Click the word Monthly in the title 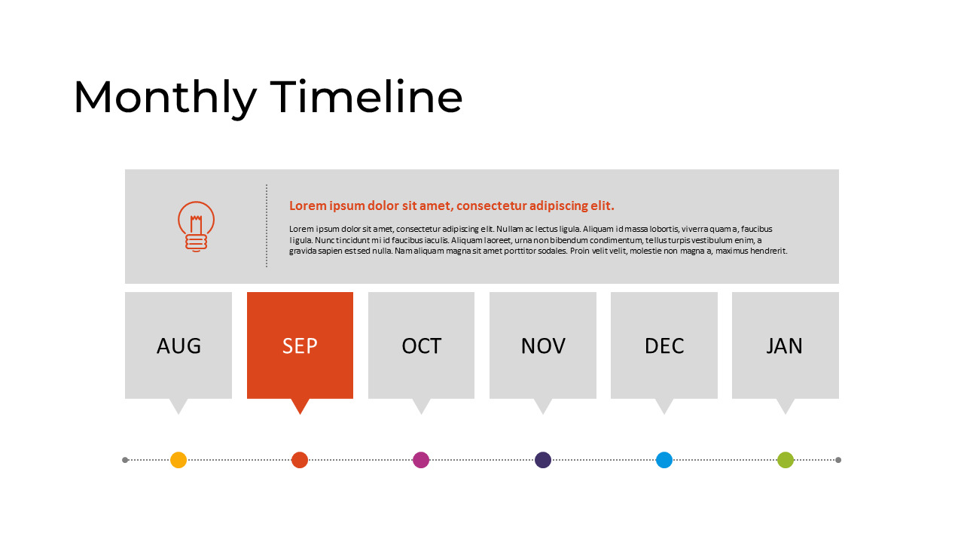coord(164,99)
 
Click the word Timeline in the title coord(366,97)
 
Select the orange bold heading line coord(452,206)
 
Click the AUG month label coord(178,346)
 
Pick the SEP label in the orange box coord(300,346)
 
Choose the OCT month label coord(421,346)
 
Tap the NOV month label coord(542,346)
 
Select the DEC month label coord(664,346)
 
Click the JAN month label coord(785,346)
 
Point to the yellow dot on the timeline coord(178,460)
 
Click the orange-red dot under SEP coord(300,460)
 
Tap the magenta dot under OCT coord(421,460)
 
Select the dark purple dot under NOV coord(543,460)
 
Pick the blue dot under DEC coord(664,460)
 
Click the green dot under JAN coord(786,460)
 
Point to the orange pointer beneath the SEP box coord(300,405)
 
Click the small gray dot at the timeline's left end coord(125,460)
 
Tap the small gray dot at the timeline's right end coord(838,460)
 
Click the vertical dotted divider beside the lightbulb coord(267,226)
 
